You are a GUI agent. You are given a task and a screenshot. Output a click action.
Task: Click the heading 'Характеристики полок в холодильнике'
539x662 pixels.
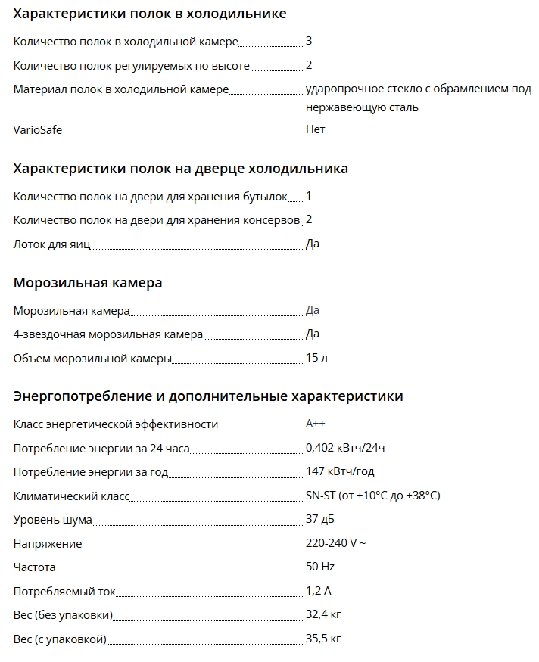[150, 14]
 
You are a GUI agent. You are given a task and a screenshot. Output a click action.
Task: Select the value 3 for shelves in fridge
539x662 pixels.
[309, 41]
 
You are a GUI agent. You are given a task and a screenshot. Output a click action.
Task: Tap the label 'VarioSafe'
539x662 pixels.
[38, 129]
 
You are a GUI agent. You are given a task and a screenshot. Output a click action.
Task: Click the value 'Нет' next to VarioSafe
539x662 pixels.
[315, 129]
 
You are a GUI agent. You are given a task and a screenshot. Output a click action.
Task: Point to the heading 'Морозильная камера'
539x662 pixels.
[88, 283]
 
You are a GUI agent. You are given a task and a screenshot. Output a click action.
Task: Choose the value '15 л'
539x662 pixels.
[316, 358]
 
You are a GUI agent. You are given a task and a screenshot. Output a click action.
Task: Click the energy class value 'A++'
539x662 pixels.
[316, 424]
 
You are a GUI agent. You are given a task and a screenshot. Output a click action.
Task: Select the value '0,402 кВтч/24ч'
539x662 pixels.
[345, 448]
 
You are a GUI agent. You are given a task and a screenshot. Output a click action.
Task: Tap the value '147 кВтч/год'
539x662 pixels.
[340, 471]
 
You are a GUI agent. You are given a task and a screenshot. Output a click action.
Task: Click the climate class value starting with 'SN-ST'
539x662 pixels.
[372, 496]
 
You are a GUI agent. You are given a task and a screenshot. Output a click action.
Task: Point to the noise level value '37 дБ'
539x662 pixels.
[319, 519]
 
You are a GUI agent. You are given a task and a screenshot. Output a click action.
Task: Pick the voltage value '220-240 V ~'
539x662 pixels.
[335, 543]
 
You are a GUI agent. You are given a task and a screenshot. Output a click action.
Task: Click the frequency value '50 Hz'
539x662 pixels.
[319, 567]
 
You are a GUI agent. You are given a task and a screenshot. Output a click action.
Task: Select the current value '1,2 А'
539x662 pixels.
[318, 591]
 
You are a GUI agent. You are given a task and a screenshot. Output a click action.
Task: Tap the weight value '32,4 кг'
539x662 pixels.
[323, 614]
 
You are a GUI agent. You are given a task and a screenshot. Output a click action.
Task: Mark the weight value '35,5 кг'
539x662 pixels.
[323, 639]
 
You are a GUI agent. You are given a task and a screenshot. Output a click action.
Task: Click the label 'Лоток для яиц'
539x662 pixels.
[52, 244]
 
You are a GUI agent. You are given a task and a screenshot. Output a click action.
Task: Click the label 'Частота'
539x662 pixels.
[35, 567]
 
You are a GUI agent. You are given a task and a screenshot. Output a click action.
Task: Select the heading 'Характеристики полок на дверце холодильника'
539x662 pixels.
[181, 168]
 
